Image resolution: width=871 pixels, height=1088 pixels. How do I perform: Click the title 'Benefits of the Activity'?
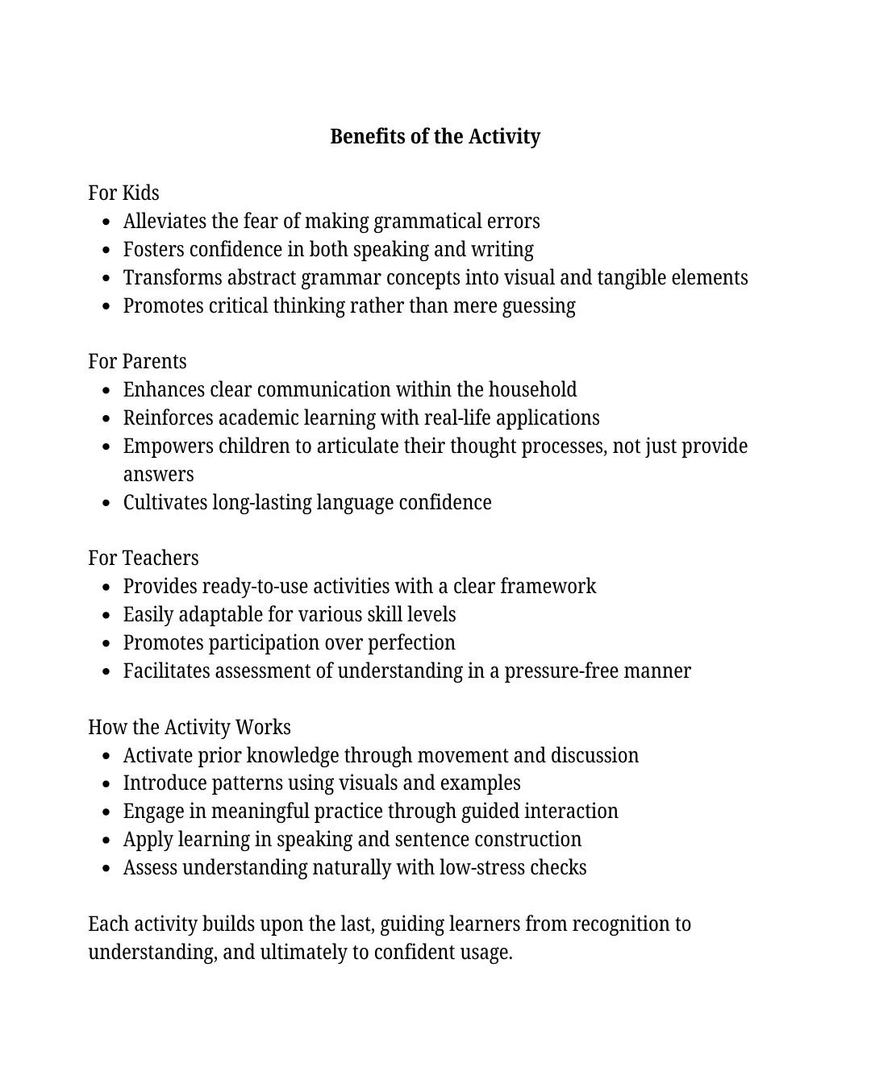(435, 136)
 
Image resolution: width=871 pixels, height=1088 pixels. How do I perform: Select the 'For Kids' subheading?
(123, 193)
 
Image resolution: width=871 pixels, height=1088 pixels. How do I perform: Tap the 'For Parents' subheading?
(137, 361)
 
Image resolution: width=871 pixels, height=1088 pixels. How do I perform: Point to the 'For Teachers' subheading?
(143, 558)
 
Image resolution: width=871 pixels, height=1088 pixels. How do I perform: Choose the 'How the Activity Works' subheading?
(189, 727)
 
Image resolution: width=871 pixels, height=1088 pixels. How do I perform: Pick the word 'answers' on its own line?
(158, 474)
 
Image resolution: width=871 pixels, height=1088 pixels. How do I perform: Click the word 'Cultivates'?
(165, 502)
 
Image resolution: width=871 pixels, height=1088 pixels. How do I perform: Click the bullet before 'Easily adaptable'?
(107, 615)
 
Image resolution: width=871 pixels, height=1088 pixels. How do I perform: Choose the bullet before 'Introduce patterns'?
(107, 783)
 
